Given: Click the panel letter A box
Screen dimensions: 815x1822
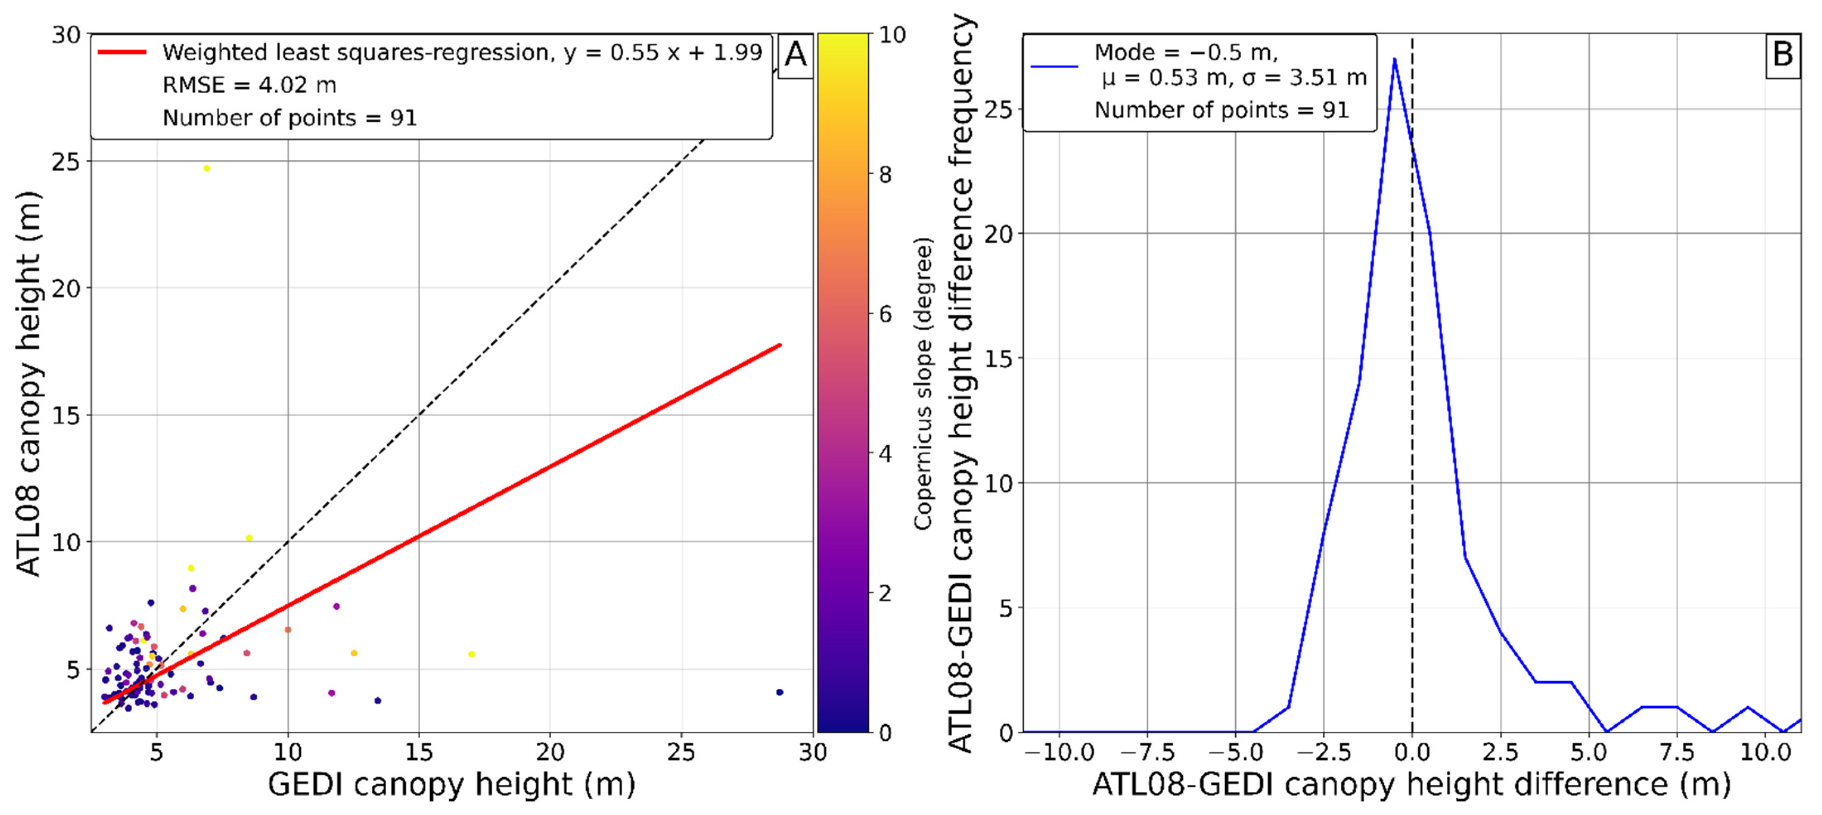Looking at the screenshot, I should [x=795, y=55].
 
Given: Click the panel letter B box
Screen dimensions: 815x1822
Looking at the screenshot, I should [x=1782, y=55].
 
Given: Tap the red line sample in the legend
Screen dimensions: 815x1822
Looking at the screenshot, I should [x=122, y=52].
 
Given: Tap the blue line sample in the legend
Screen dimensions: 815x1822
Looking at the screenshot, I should [x=1054, y=67].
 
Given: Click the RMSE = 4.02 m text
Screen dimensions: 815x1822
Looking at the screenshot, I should [x=249, y=85].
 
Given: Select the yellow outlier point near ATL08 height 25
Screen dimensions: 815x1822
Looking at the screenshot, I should [x=207, y=169].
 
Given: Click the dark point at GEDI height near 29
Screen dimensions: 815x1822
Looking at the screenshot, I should [x=779, y=692].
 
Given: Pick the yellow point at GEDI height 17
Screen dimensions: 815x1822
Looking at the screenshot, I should [x=472, y=654].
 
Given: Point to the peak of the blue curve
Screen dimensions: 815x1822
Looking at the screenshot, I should [x=1394, y=60].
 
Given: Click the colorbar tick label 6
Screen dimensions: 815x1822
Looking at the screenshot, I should [x=885, y=314].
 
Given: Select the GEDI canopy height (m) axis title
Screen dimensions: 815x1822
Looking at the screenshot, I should [x=451, y=784].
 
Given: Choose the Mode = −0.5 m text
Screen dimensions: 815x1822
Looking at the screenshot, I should [x=1186, y=52].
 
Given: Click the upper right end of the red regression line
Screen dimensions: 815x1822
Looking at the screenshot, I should [x=779, y=345].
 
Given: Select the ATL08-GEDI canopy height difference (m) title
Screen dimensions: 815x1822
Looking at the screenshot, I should [x=1411, y=784].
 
